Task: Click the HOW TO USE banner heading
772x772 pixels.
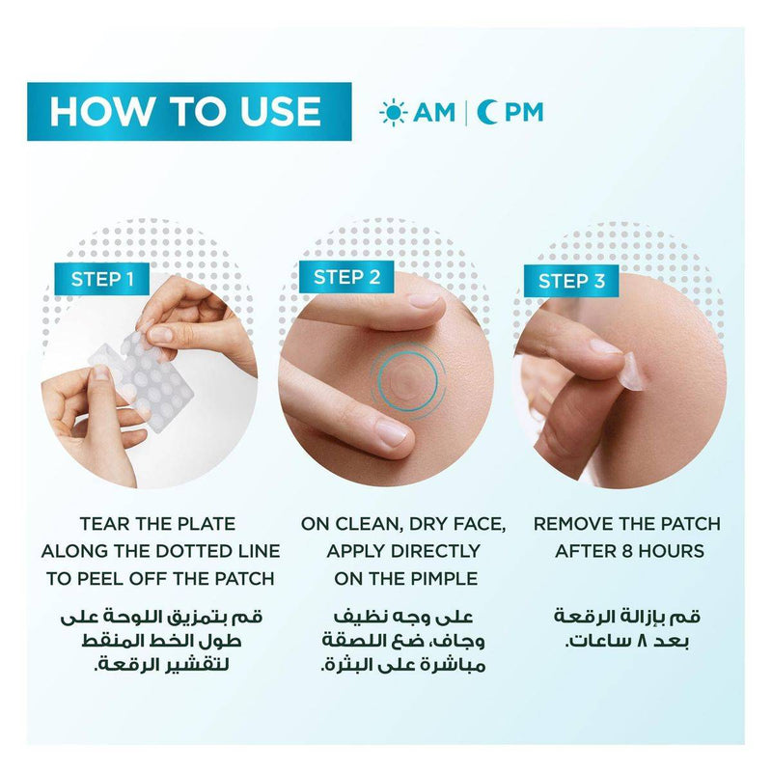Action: click(185, 111)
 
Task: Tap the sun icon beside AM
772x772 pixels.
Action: click(393, 112)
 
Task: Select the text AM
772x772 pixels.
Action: click(434, 112)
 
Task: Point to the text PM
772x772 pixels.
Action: click(524, 112)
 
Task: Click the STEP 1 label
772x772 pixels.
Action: click(102, 279)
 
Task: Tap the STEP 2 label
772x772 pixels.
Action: click(346, 277)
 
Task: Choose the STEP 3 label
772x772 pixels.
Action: click(571, 281)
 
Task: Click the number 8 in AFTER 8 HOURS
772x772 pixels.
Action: click(626, 551)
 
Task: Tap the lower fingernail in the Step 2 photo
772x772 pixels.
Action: click(392, 432)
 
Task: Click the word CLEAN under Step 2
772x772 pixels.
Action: click(366, 524)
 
